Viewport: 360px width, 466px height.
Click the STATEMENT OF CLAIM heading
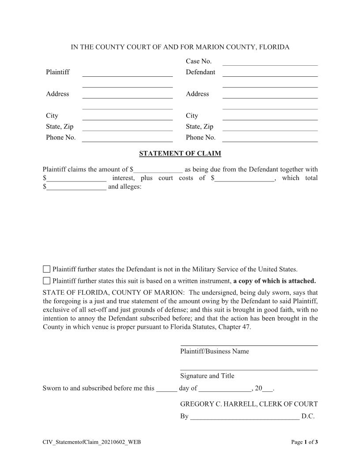tap(180, 154)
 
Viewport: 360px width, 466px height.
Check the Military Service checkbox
tap(47, 269)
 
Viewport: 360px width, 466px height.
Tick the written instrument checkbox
tap(47, 281)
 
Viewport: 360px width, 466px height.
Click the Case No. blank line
tap(270, 62)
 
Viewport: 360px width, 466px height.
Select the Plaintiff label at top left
tap(58, 72)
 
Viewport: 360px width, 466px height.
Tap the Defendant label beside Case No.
tap(200, 72)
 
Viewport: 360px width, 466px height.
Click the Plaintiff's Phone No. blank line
tap(127, 139)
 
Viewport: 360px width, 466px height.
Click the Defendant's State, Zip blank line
tap(270, 128)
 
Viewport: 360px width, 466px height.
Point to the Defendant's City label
tap(192, 116)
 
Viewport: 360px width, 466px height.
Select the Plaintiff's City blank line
tap(127, 117)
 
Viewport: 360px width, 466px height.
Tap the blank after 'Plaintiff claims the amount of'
tap(158, 170)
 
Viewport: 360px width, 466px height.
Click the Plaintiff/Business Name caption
tap(214, 351)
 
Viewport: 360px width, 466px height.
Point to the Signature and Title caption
tap(207, 376)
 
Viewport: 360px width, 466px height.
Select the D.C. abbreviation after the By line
tap(307, 416)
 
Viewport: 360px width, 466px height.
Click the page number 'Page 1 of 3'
tap(304, 442)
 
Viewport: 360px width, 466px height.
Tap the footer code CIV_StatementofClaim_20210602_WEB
tap(92, 442)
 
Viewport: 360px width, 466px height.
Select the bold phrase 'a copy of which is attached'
tap(274, 281)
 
